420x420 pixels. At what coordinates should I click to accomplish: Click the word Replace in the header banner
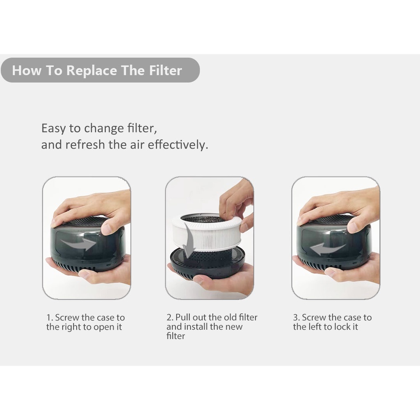[x=91, y=71]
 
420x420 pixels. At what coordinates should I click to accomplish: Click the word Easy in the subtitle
[x=53, y=128]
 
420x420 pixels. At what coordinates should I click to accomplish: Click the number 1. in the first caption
[x=50, y=318]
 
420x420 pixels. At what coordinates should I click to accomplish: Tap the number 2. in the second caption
[x=170, y=318]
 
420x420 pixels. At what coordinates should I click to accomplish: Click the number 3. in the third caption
[x=297, y=318]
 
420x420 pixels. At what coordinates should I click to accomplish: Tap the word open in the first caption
[x=103, y=327]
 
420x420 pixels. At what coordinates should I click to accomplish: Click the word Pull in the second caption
[x=183, y=318]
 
